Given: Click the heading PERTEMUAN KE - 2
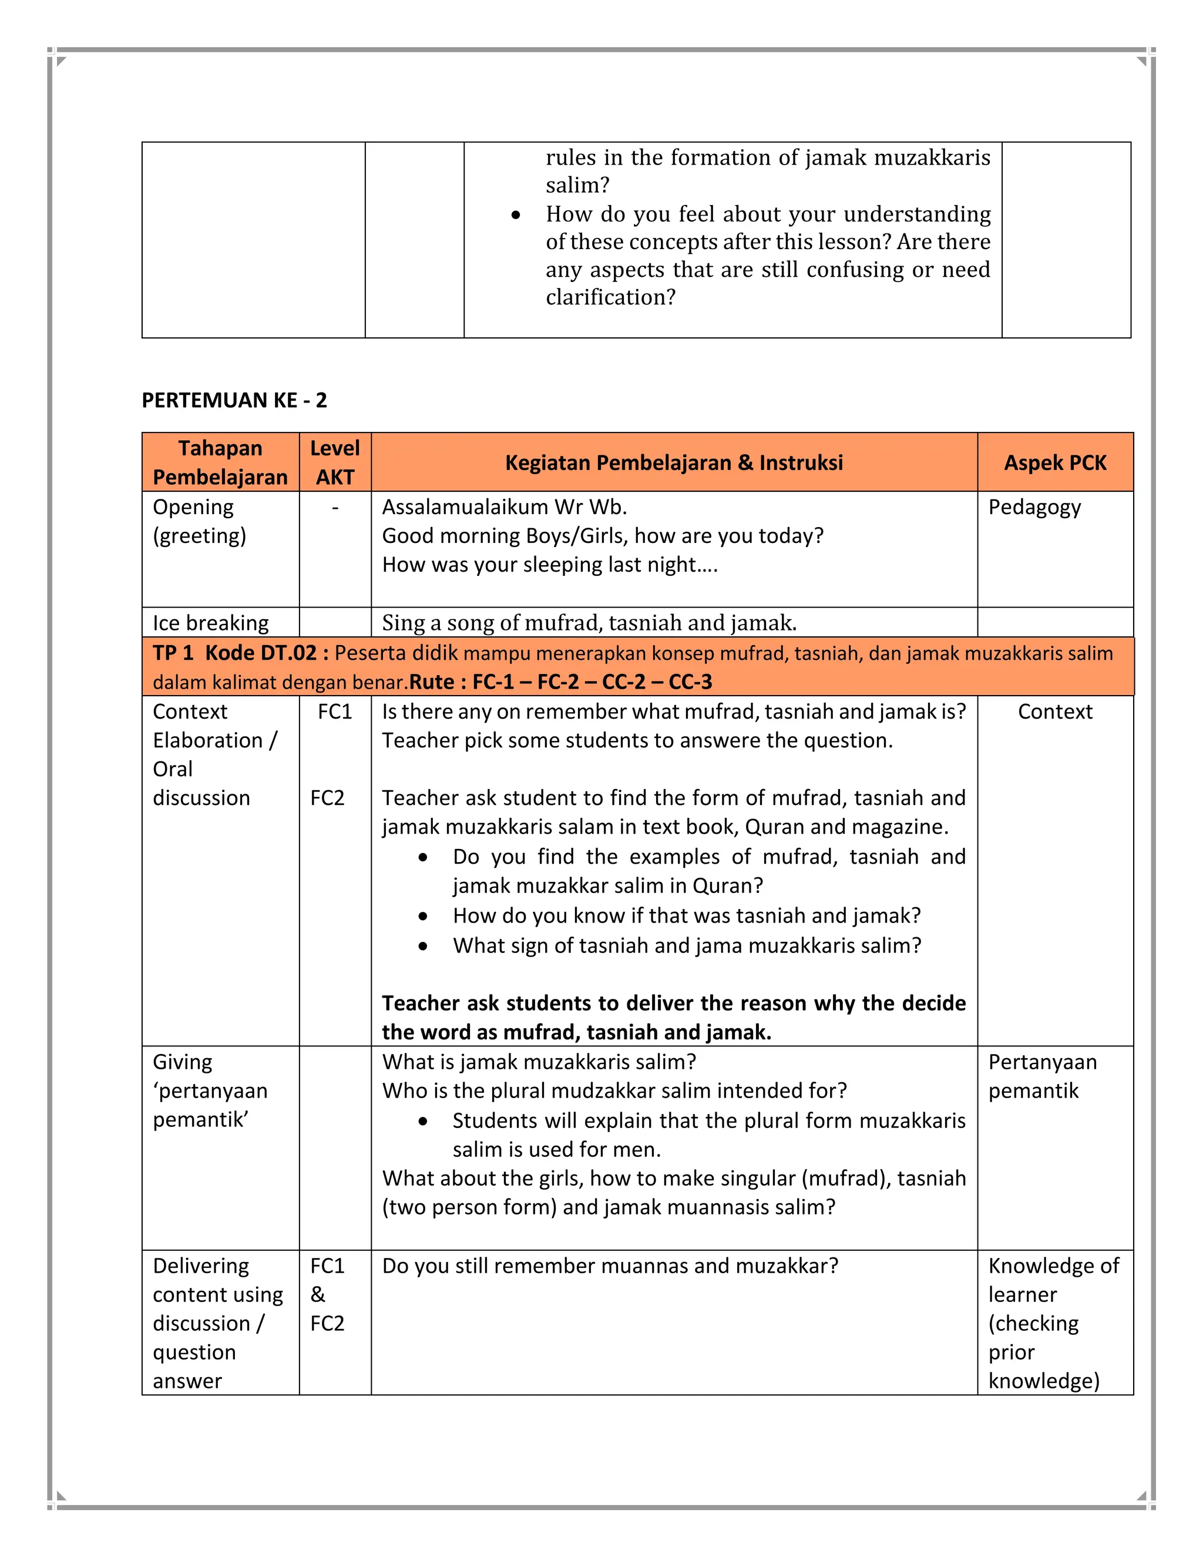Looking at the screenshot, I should pos(234,401).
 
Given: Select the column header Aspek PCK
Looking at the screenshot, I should pos(1055,462).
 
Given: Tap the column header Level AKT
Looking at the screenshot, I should pos(335,462).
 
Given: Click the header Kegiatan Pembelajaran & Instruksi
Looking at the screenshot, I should pos(674,462).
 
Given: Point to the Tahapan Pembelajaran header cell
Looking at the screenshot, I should pos(220,462).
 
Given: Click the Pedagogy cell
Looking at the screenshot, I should pos(1034,507).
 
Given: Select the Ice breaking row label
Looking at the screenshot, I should pos(210,623).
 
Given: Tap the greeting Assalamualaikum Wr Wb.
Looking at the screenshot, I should pos(505,507).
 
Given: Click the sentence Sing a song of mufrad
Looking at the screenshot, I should pos(589,623).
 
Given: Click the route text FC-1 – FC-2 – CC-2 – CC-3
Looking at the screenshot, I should pos(592,682).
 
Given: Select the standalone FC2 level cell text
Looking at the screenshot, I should pos(327,798).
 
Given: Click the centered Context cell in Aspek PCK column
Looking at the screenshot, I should pos(1055,712).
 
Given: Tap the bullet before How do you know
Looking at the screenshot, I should pos(424,916).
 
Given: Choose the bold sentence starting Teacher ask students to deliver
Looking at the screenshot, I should pos(674,1017).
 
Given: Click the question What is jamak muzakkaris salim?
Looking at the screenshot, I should pos(539,1062).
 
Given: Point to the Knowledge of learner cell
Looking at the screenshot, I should pos(1053,1323).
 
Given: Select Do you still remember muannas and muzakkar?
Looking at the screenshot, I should pos(610,1266).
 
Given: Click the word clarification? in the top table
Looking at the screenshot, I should pos(610,297).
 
